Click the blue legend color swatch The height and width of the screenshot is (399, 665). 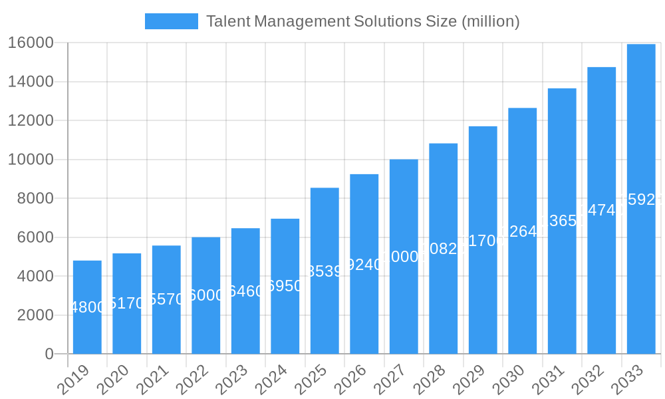tap(172, 21)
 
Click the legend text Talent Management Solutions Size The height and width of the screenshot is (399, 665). tap(362, 21)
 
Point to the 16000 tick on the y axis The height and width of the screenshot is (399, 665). tap(31, 43)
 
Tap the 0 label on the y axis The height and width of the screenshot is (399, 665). tap(49, 354)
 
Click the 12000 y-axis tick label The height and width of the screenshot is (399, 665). tap(31, 121)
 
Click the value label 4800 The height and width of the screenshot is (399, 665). tap(87, 307)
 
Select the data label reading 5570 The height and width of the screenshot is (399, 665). tap(166, 300)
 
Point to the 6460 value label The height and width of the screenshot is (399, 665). tap(245, 291)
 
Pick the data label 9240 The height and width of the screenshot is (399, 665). tap(364, 265)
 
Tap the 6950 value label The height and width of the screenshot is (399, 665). tap(285, 286)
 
